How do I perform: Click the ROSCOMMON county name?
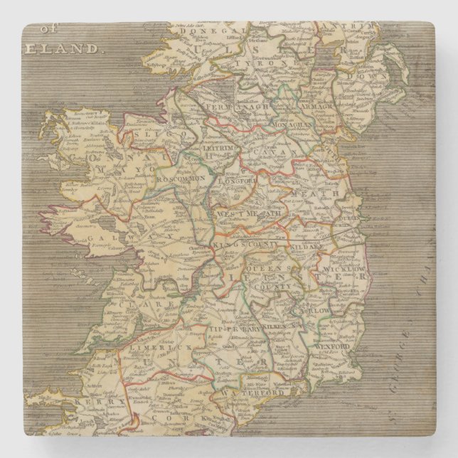[x=180, y=179]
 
